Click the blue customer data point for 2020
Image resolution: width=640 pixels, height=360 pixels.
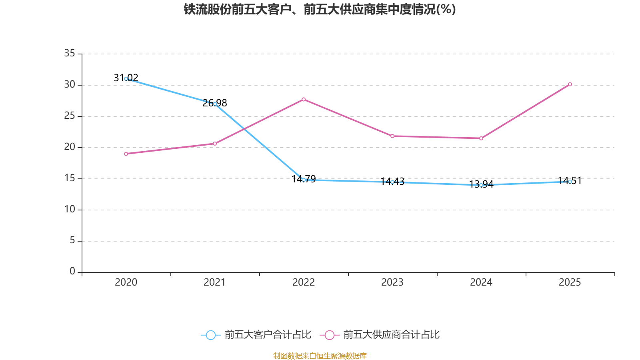(x=126, y=79)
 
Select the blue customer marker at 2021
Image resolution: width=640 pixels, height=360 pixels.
(x=215, y=104)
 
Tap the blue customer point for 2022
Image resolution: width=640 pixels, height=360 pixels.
(x=304, y=180)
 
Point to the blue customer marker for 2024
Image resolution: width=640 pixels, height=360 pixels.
(x=481, y=185)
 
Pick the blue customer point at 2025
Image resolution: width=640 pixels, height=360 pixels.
(x=570, y=182)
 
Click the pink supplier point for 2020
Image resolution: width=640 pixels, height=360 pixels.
(x=126, y=154)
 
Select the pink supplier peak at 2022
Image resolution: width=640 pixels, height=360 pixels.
(x=304, y=99)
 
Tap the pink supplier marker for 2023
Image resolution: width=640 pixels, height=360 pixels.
(x=392, y=136)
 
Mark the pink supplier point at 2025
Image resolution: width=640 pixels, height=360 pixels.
(x=570, y=84)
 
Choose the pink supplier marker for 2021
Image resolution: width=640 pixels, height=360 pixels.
(x=215, y=144)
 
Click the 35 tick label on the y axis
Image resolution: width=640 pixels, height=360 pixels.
(x=70, y=53)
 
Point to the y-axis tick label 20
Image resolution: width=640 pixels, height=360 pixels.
(x=70, y=147)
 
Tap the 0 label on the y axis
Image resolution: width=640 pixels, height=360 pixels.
(x=72, y=272)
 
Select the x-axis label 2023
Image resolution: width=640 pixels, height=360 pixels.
(x=392, y=282)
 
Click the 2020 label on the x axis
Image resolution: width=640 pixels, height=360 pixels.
(x=126, y=282)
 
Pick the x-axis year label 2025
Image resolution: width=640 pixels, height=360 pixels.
(x=570, y=282)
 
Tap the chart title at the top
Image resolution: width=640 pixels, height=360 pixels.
(x=320, y=9)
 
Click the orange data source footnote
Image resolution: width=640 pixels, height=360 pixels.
(x=320, y=356)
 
